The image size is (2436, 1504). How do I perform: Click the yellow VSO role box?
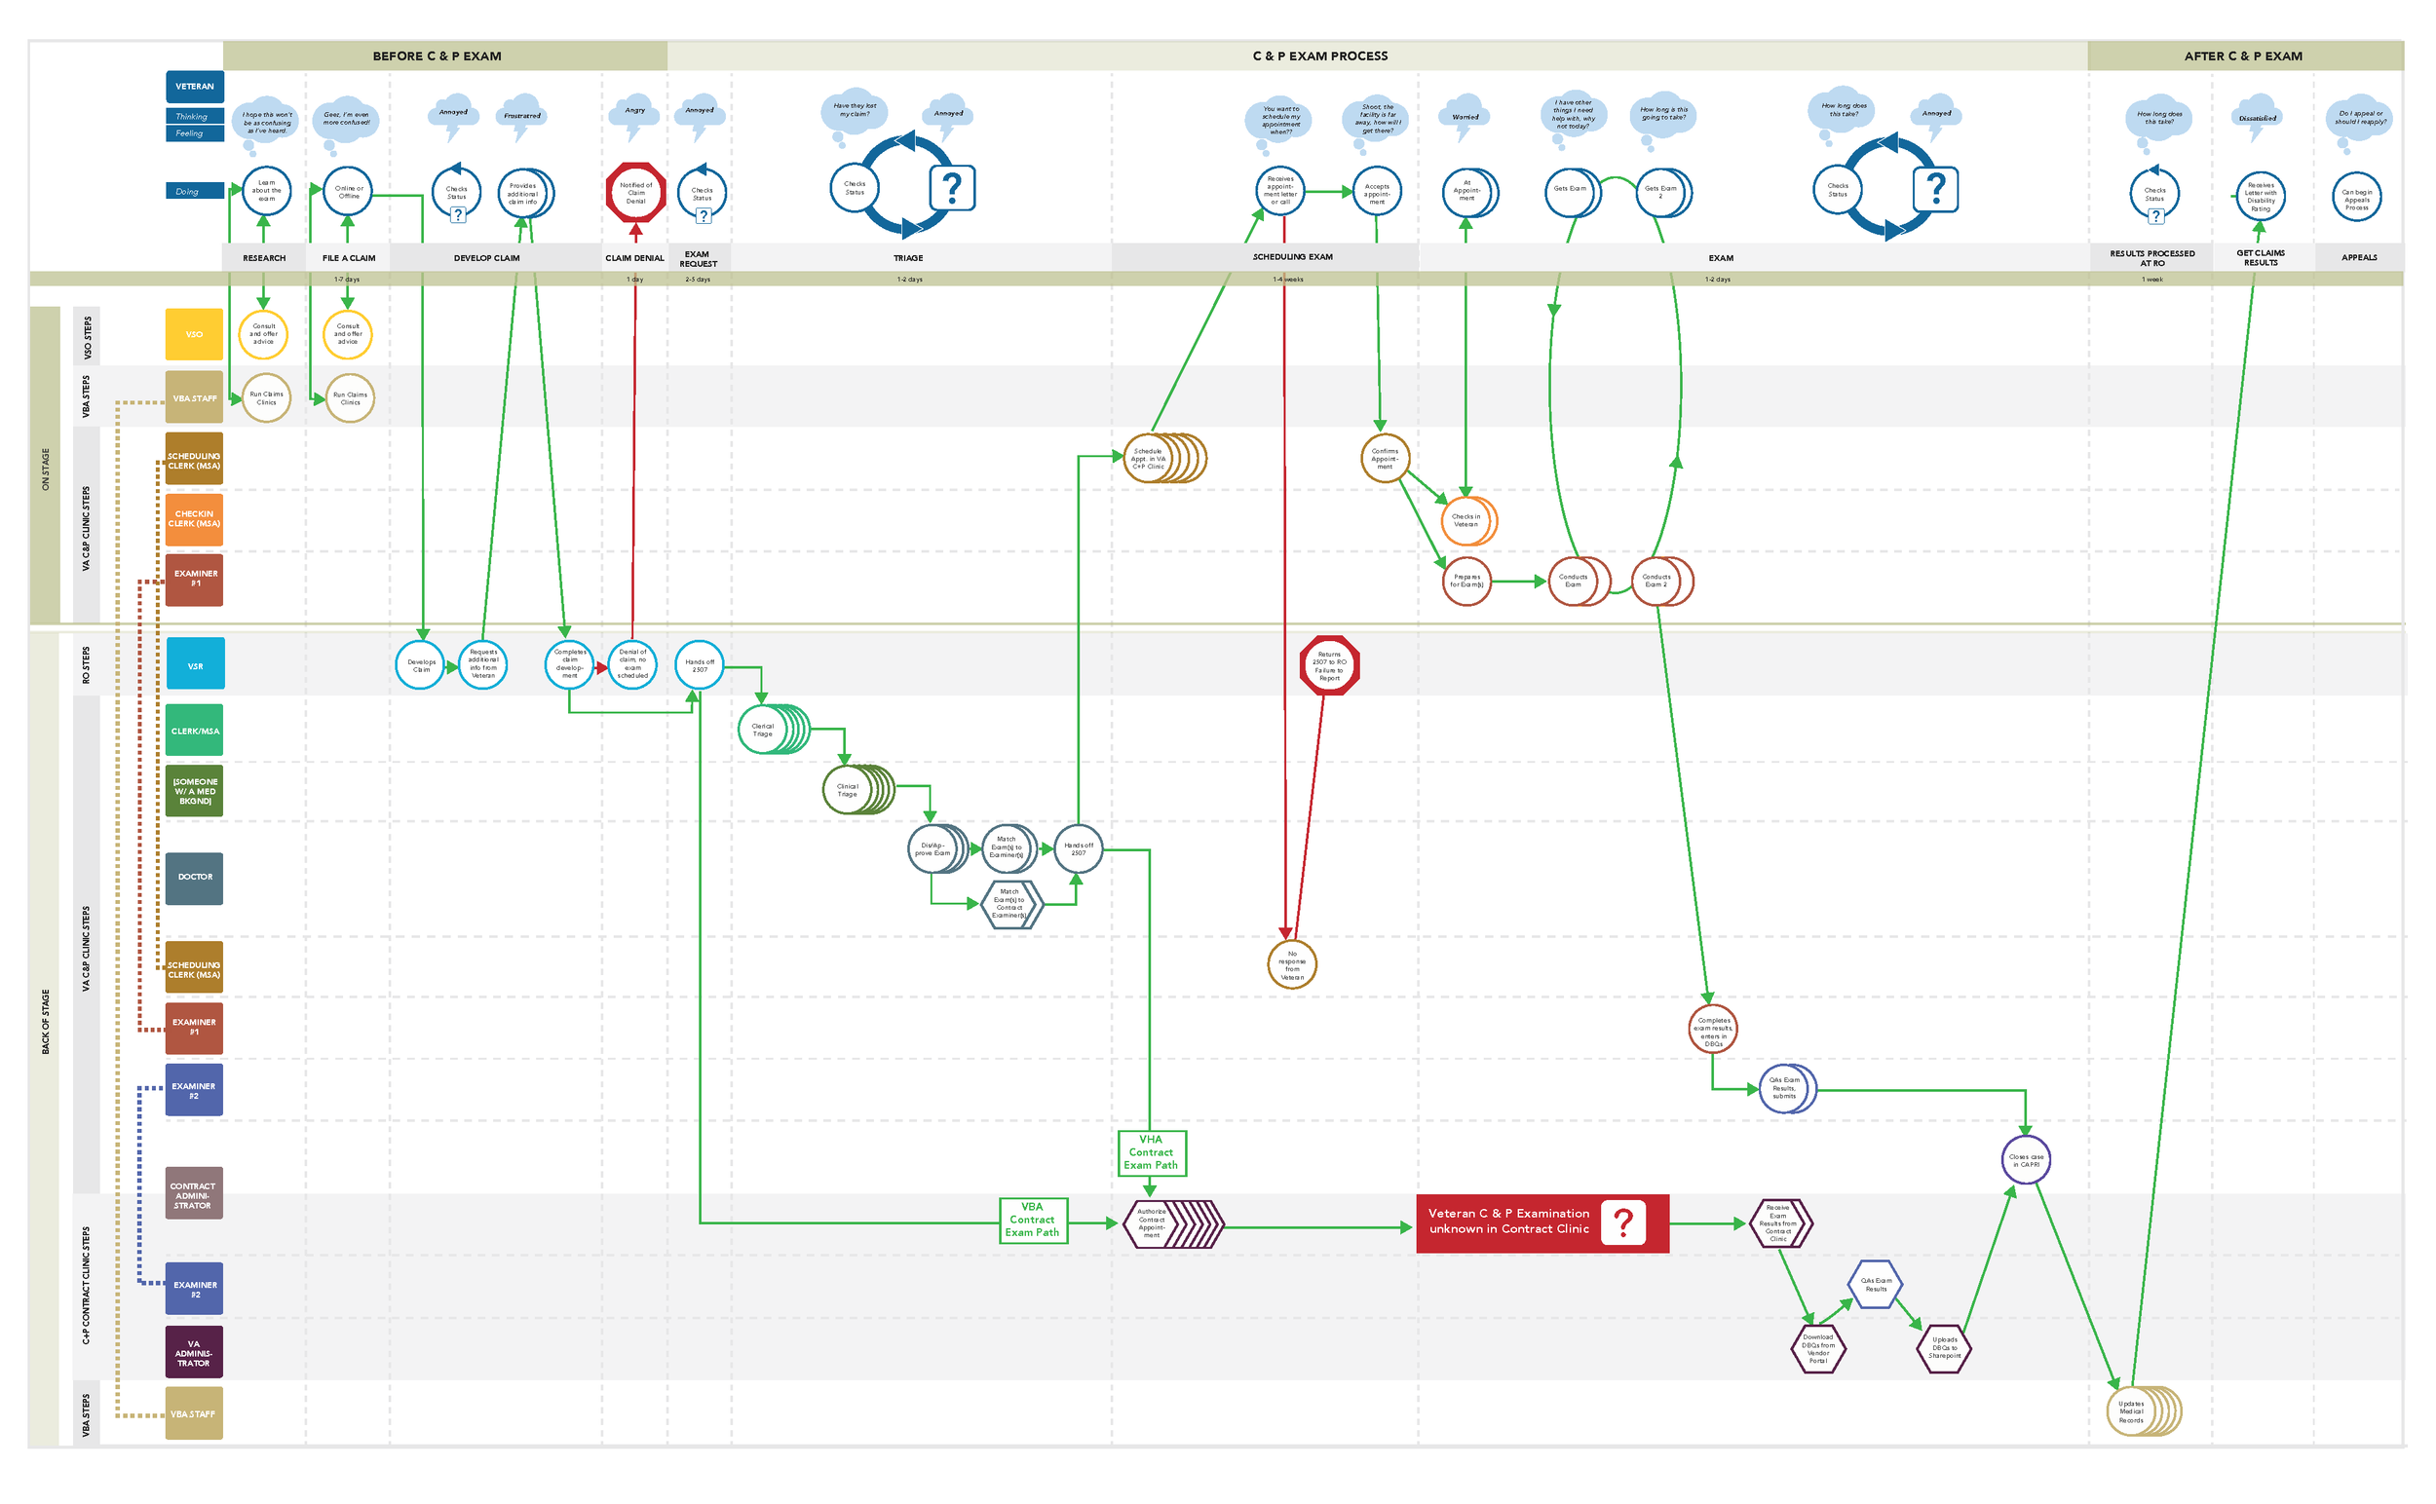[x=194, y=334]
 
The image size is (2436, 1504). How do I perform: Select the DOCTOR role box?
[x=194, y=878]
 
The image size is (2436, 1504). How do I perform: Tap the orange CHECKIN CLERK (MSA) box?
[x=194, y=519]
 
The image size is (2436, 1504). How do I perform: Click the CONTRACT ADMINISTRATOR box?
[x=194, y=1194]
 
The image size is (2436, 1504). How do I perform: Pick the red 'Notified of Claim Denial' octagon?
[x=636, y=193]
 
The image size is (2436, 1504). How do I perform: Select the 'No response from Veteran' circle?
[x=1292, y=965]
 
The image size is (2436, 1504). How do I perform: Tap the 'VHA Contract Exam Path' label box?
[x=1151, y=1153]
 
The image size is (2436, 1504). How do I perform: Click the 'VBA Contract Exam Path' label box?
[x=1032, y=1221]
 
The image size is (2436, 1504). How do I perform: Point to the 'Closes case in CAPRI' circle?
[x=2025, y=1161]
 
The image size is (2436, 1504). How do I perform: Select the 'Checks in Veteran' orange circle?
[x=1465, y=521]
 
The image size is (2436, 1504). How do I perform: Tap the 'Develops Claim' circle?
[x=421, y=665]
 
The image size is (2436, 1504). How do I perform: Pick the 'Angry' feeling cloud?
[x=634, y=112]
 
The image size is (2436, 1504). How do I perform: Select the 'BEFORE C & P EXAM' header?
[x=437, y=56]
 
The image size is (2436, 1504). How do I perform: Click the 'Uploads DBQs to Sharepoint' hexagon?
[x=1943, y=1349]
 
